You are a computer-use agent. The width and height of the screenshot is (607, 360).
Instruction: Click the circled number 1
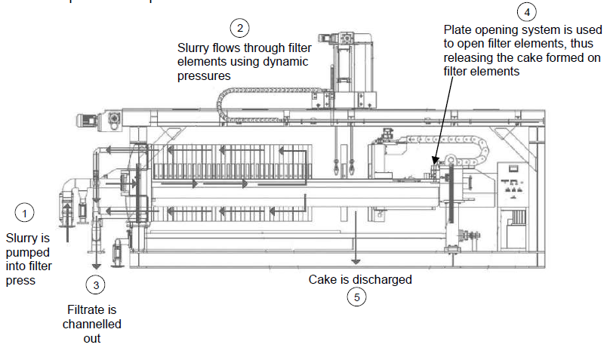point(26,214)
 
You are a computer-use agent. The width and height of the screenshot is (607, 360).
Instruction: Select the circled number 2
point(240,29)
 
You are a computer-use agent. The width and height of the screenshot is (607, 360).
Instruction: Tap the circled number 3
point(95,285)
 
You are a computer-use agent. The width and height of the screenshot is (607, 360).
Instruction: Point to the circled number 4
point(526,11)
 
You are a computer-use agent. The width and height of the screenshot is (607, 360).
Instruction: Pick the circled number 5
point(356,297)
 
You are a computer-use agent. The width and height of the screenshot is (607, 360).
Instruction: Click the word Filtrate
point(92,309)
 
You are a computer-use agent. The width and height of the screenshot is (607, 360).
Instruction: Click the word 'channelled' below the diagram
point(92,325)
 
